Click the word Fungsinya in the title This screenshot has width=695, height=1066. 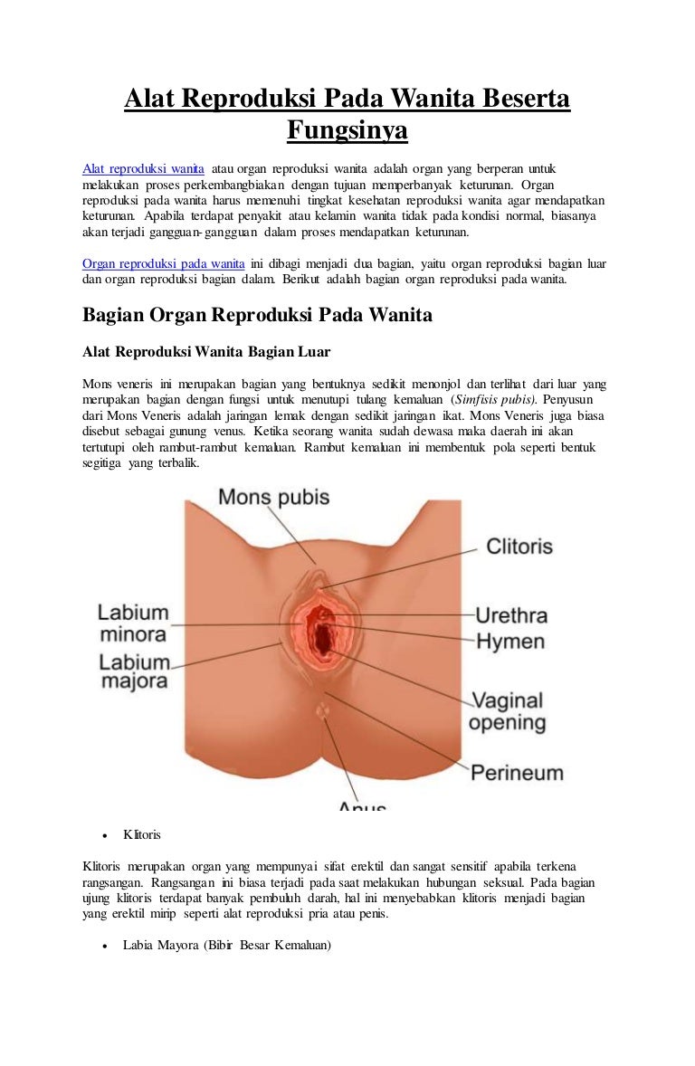coord(347,131)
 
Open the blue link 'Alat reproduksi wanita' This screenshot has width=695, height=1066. coord(143,169)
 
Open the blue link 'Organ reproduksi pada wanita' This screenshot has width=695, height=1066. coord(164,263)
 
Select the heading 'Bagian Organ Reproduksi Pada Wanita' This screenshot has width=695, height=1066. coord(257,315)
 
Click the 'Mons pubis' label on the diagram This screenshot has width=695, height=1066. coord(273,497)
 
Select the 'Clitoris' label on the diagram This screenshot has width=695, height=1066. coord(519,547)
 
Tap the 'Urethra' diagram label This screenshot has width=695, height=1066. coord(511,615)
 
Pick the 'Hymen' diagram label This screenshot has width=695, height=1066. coord(509,642)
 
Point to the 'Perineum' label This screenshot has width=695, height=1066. coord(516,773)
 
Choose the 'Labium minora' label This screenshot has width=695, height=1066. coord(133,623)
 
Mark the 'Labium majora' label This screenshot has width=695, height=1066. coord(134,671)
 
